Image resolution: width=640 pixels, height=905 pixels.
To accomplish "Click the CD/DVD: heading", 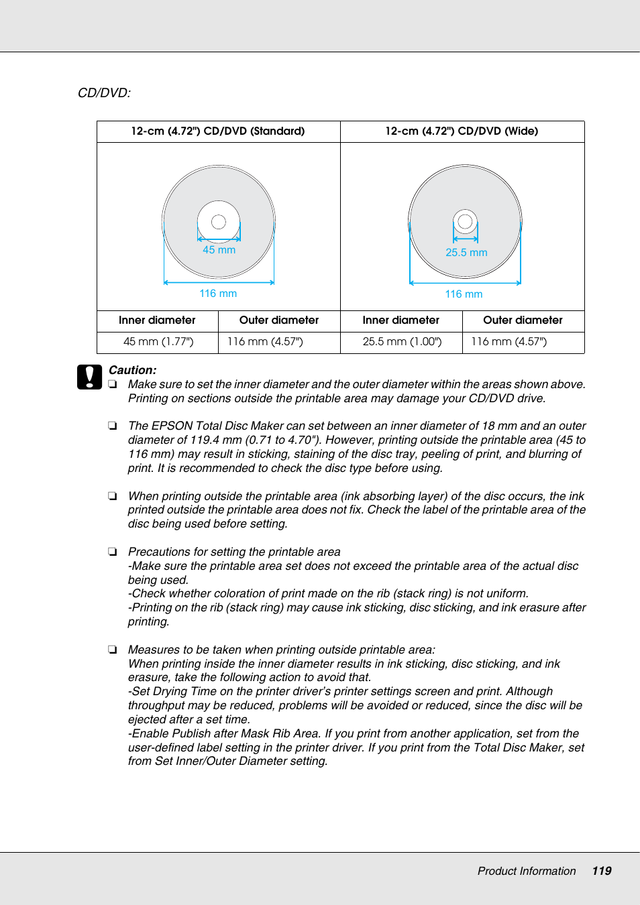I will tap(104, 93).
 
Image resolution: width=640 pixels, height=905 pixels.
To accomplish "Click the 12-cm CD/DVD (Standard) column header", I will tap(218, 131).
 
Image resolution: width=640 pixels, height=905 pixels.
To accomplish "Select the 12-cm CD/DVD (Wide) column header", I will tap(462, 131).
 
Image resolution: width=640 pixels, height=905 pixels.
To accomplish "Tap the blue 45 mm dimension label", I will tap(219, 250).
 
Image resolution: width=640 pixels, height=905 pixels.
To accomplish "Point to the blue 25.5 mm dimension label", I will tap(466, 253).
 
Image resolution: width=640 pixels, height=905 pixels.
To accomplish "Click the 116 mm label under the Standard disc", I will tap(218, 294).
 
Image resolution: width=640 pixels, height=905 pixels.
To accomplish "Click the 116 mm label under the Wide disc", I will tap(464, 294).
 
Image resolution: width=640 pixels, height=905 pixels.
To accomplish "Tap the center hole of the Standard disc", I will tap(219, 222).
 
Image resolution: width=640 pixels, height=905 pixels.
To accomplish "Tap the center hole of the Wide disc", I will tap(465, 221).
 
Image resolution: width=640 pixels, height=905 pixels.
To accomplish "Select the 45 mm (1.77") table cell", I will tap(158, 342).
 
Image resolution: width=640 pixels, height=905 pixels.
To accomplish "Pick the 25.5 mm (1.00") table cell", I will tap(402, 342).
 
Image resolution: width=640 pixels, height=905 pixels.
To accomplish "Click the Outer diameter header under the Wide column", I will tap(523, 320).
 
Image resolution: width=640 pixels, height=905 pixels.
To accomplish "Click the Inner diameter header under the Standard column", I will tap(157, 320).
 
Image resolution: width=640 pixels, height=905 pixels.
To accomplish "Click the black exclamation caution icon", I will tap(89, 377).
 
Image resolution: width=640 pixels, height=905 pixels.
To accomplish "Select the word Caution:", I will tap(132, 370).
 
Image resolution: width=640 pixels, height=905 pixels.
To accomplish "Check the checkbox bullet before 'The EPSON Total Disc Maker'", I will tap(113, 426).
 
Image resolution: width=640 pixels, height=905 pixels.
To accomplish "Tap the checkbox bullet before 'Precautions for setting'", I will tap(113, 552).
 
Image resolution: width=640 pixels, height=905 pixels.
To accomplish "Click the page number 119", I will tap(601, 871).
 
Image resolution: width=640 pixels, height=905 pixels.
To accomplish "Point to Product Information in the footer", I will tap(527, 871).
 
